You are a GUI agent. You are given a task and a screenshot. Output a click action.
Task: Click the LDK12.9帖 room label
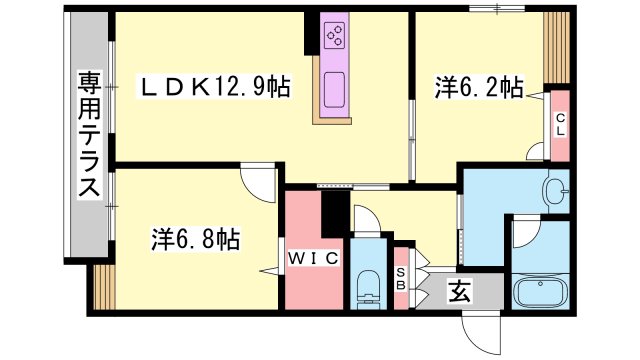(215, 87)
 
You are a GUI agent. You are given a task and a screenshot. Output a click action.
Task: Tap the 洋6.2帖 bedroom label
(479, 87)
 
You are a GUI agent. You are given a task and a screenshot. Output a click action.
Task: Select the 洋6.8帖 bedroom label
(196, 239)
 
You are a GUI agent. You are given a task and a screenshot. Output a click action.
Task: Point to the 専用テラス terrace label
(89, 134)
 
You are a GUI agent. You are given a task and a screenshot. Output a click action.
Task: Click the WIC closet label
(313, 258)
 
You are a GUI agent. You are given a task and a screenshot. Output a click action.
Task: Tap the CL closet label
(560, 125)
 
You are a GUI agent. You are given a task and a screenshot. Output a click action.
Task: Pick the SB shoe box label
(401, 279)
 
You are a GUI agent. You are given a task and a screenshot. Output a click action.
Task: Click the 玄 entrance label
(460, 291)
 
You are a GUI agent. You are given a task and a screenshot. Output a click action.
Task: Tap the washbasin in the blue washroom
(556, 191)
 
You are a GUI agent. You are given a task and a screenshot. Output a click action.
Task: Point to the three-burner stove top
(334, 35)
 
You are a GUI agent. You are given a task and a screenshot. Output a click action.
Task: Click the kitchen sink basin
(334, 90)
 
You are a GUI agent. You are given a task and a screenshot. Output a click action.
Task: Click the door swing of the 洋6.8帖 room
(259, 181)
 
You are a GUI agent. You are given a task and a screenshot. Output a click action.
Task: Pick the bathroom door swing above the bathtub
(527, 233)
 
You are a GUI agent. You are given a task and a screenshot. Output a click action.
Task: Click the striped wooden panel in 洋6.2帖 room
(557, 47)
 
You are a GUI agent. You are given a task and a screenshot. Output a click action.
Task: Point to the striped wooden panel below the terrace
(104, 287)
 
